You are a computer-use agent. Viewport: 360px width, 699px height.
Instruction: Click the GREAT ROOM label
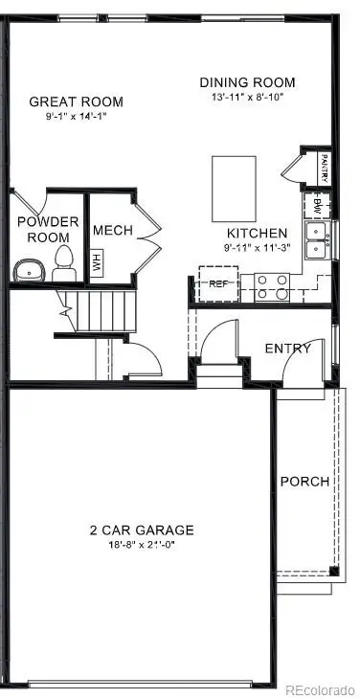76,101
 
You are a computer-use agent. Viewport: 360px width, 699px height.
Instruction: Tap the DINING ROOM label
247,82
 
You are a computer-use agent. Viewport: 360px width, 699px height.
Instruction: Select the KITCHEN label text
256,234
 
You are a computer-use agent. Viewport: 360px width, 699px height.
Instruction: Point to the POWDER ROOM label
47,230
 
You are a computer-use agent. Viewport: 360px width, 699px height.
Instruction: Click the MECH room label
112,231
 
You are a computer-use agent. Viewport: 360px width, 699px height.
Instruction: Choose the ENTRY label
287,349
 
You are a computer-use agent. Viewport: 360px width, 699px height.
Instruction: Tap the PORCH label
304,482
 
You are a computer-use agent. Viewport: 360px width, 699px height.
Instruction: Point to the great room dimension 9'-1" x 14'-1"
77,118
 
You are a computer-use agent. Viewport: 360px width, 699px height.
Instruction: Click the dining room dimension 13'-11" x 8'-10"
247,97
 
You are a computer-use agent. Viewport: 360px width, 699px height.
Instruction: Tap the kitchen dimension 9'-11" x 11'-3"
256,248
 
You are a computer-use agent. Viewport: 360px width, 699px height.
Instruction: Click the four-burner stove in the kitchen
272,286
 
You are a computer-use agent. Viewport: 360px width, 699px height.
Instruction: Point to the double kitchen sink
315,240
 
